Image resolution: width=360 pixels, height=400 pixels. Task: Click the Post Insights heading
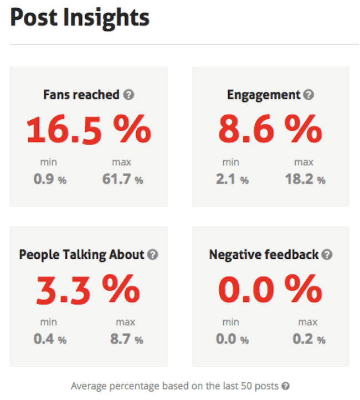(x=80, y=18)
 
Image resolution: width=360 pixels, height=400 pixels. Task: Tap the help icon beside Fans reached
(x=128, y=95)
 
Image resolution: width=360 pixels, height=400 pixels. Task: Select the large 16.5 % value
(x=89, y=129)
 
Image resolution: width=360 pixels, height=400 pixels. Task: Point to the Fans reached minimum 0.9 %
(x=49, y=180)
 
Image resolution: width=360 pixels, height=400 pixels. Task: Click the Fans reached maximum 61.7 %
(x=122, y=180)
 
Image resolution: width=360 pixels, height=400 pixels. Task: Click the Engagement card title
(x=264, y=95)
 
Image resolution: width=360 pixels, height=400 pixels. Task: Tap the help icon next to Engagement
(x=309, y=95)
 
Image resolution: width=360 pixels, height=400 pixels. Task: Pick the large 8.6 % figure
(x=270, y=129)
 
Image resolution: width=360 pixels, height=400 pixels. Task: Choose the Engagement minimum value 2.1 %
(x=232, y=180)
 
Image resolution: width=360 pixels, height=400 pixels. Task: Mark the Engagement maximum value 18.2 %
(x=305, y=180)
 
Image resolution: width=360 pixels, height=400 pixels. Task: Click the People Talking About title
(x=81, y=255)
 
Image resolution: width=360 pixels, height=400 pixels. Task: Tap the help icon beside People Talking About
(x=153, y=255)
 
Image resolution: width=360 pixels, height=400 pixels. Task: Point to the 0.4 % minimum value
(x=49, y=339)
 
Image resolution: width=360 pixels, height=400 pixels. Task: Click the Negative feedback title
(x=264, y=255)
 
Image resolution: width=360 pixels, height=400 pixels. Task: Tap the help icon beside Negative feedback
(x=327, y=255)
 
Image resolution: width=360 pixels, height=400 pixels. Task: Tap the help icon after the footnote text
(x=285, y=386)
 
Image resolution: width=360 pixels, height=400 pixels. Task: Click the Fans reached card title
(x=81, y=95)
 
